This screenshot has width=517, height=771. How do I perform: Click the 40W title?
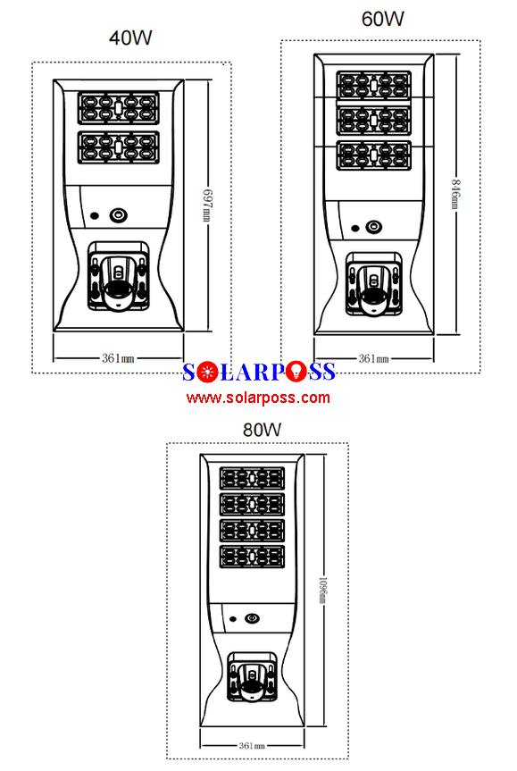point(130,38)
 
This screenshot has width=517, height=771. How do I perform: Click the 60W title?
point(382,19)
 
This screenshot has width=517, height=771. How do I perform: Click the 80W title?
point(262,430)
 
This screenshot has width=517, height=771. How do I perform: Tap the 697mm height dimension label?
point(208,205)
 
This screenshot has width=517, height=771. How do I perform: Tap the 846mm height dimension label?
point(456,193)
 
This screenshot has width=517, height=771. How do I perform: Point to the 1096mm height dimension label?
point(323,591)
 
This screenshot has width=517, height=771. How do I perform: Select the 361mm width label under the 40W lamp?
point(118,358)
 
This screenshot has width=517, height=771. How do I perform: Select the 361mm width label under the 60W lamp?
point(373,359)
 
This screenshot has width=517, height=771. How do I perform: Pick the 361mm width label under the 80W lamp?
point(252,746)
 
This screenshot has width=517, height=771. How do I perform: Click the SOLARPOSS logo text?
point(259,372)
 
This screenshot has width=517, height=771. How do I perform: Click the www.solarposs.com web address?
point(259,398)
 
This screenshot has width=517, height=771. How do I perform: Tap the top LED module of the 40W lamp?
point(119,108)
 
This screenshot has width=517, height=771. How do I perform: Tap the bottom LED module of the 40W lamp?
point(119,147)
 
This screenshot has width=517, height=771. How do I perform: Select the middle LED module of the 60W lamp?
point(374,120)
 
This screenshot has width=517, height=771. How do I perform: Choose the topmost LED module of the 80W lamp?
point(252,478)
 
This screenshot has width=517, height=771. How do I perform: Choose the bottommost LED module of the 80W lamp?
point(252,557)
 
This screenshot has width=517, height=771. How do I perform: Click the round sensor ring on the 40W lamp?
point(119,215)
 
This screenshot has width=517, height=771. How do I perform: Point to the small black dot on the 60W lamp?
point(355,228)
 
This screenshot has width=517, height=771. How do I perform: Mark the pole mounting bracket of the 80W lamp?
point(253,677)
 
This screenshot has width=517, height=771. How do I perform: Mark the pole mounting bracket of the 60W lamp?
point(374,284)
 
